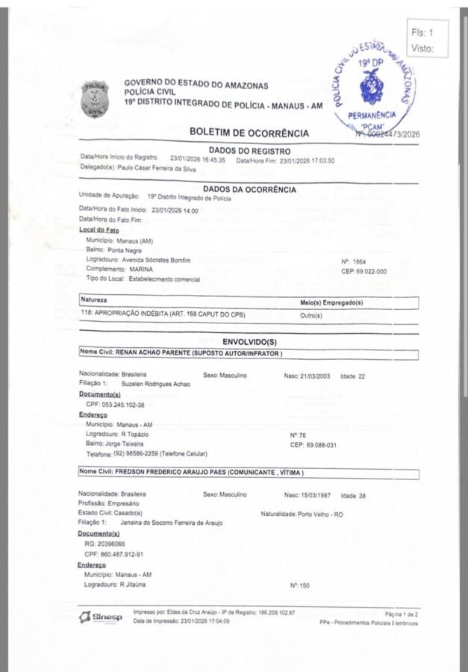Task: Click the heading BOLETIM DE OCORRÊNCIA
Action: [x=249, y=133]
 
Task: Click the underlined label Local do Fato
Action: [x=99, y=230]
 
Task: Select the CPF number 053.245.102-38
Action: [x=115, y=404]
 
